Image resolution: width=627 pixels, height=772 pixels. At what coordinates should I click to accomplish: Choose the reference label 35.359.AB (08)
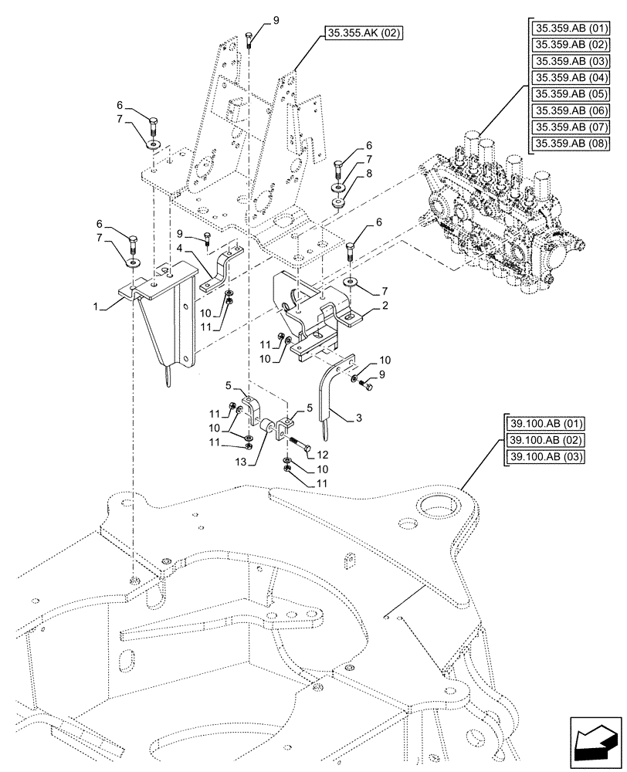570,144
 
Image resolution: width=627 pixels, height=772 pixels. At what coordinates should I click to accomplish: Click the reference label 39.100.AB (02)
546,440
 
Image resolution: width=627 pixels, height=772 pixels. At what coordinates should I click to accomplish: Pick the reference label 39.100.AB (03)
546,456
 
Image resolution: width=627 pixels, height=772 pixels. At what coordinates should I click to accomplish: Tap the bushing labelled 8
337,204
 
